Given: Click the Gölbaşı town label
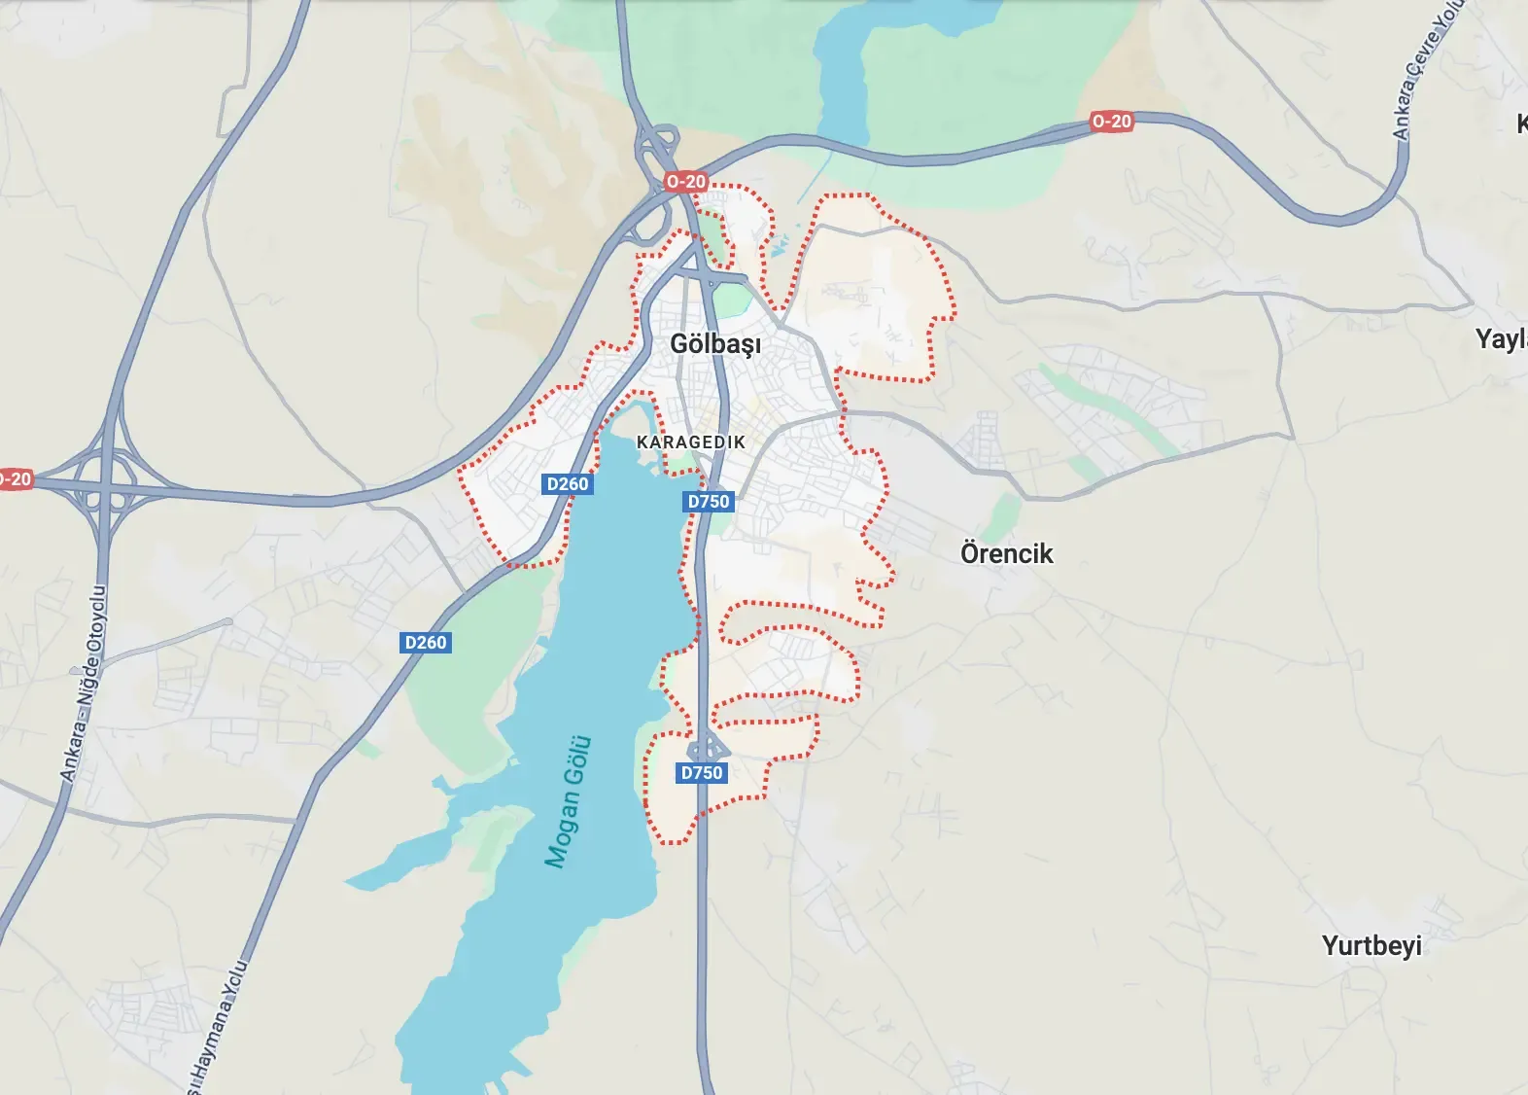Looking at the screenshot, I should (x=715, y=344).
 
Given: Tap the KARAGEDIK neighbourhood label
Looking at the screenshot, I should (x=691, y=442).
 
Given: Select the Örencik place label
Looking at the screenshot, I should (x=1006, y=553).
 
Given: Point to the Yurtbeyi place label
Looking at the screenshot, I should (x=1371, y=945).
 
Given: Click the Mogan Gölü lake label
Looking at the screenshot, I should (x=569, y=801).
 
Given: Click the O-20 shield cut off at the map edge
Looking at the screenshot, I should (x=15, y=478).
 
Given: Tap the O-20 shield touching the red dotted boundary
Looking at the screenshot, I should (x=686, y=182).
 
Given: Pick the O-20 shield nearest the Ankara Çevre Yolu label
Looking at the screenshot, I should (x=1111, y=122).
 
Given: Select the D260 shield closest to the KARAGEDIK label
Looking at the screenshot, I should (x=568, y=483).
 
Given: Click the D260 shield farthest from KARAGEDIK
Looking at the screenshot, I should (x=426, y=642).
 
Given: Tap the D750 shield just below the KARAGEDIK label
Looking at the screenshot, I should (x=709, y=501).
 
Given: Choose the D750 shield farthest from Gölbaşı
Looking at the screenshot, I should (x=702, y=772).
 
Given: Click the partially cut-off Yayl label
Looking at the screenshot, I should (x=1501, y=339).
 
